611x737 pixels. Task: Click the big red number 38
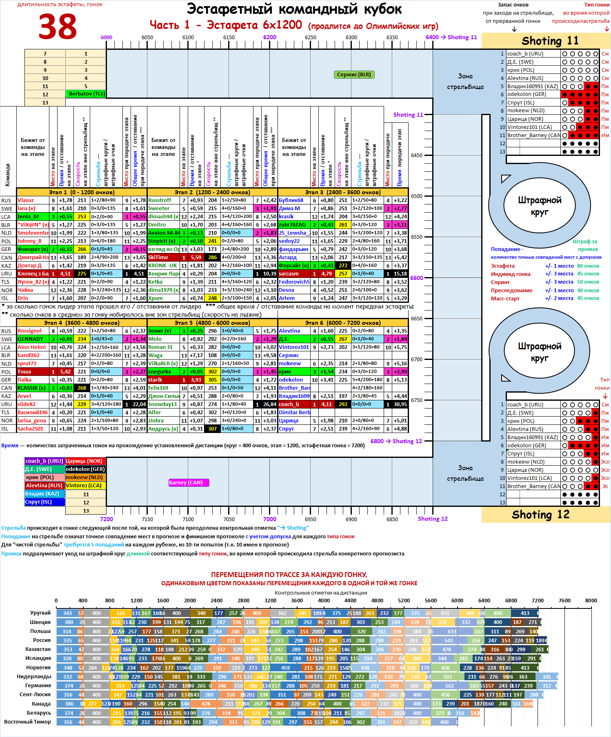(58, 27)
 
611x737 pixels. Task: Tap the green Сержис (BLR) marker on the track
(354, 75)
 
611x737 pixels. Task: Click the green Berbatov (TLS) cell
(86, 94)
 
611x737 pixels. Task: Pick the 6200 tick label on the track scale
(269, 37)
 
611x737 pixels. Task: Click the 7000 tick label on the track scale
(269, 519)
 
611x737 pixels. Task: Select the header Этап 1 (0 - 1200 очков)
(82, 192)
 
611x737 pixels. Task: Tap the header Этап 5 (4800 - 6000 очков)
(212, 323)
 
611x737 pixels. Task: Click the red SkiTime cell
(163, 258)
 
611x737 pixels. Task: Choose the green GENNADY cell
(33, 339)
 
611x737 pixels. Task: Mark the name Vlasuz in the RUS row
(26, 200)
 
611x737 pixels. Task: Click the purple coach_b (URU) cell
(44, 461)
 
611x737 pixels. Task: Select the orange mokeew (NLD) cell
(85, 477)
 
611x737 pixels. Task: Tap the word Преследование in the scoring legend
(511, 291)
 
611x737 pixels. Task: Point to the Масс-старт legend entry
(505, 299)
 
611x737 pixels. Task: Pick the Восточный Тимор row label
(28, 722)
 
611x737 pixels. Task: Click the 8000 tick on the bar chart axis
(591, 601)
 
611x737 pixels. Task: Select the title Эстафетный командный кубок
(294, 9)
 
